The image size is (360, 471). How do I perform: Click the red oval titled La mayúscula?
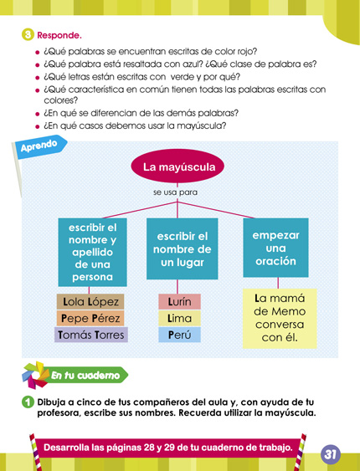179,167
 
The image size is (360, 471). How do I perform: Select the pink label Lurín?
179,301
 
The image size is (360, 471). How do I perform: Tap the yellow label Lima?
179,318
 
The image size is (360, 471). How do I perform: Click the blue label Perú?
179,335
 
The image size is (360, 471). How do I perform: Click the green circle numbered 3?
27,35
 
